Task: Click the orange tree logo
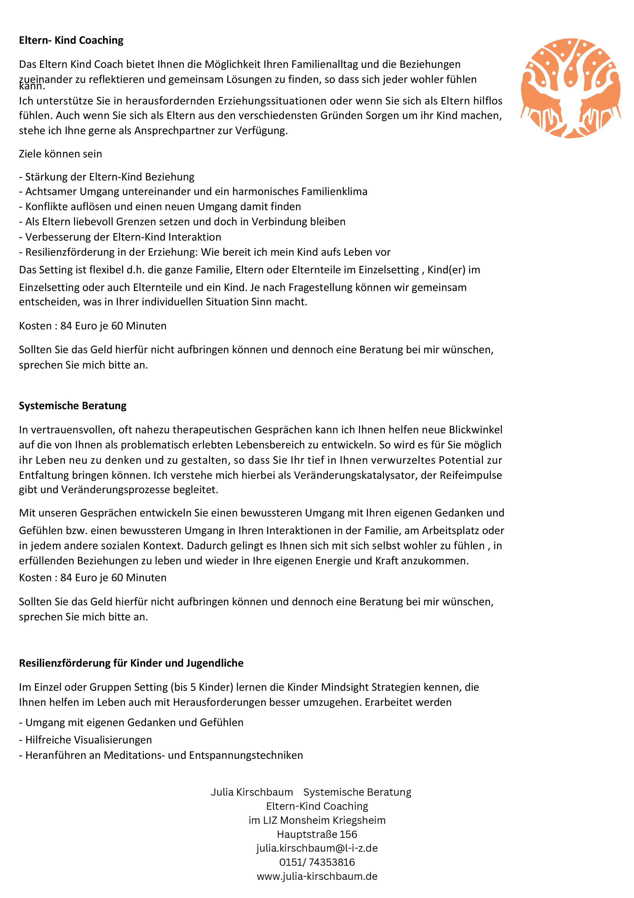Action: click(570, 88)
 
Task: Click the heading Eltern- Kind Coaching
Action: click(71, 40)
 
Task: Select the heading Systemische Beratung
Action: click(73, 406)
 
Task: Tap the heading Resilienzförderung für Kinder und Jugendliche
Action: click(131, 663)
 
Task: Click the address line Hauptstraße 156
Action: click(317, 834)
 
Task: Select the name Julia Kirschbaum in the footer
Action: click(252, 792)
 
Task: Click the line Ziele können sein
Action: click(61, 154)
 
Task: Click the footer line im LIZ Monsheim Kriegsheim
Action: click(317, 820)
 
